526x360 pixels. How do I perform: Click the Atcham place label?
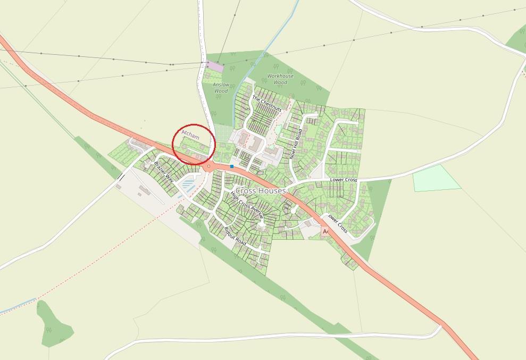(x=190, y=134)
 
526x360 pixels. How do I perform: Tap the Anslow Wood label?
(x=221, y=88)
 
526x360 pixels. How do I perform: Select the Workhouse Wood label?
(x=280, y=79)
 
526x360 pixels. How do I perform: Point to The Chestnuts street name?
(x=267, y=103)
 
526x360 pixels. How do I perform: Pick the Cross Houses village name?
(x=261, y=190)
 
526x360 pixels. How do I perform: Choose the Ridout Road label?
(x=235, y=235)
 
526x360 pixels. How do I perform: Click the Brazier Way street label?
(x=164, y=170)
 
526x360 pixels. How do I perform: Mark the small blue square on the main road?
(x=232, y=166)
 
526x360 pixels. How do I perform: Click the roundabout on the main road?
(x=209, y=166)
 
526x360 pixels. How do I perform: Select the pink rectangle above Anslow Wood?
(x=215, y=66)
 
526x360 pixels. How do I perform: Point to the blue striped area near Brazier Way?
(x=188, y=185)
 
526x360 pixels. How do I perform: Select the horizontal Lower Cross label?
(x=343, y=180)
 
